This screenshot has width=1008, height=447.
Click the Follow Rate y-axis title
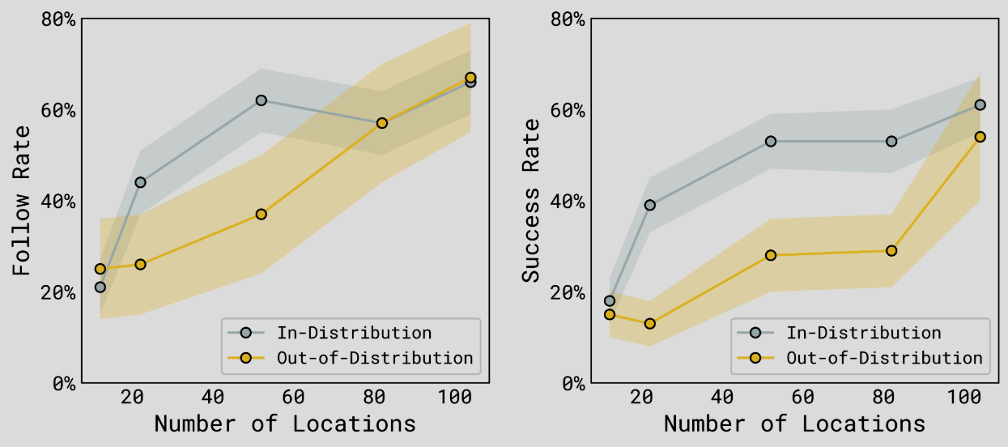coord(21,201)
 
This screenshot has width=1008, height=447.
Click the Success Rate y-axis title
coord(530,201)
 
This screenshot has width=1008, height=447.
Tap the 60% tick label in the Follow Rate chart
coord(58,110)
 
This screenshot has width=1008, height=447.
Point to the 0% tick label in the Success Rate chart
coord(573,384)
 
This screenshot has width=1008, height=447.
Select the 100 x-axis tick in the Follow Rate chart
coord(455,397)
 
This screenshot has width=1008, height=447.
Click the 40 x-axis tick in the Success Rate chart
coord(722,397)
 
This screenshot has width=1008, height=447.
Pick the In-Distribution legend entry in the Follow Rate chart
coord(330,333)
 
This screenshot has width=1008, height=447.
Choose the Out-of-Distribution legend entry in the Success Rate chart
coord(860,358)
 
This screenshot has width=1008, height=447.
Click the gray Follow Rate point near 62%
coord(261,100)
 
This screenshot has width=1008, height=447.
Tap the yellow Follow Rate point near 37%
coord(261,215)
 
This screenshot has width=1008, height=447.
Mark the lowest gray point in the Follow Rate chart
coord(100,287)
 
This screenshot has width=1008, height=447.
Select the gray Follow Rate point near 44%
coord(140,182)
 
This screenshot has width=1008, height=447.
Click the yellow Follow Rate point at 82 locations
coord(381,123)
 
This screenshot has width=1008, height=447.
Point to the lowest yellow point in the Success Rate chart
coord(650,324)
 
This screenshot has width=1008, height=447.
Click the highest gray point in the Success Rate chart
coord(980,105)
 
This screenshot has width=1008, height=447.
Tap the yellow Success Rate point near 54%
coord(980,137)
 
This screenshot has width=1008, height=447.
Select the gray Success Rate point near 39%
coord(650,205)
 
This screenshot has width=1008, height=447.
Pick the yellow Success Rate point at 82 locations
coord(891,251)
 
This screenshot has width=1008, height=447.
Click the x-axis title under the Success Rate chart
coord(795,424)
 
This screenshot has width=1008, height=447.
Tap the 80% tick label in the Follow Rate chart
coord(58,19)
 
